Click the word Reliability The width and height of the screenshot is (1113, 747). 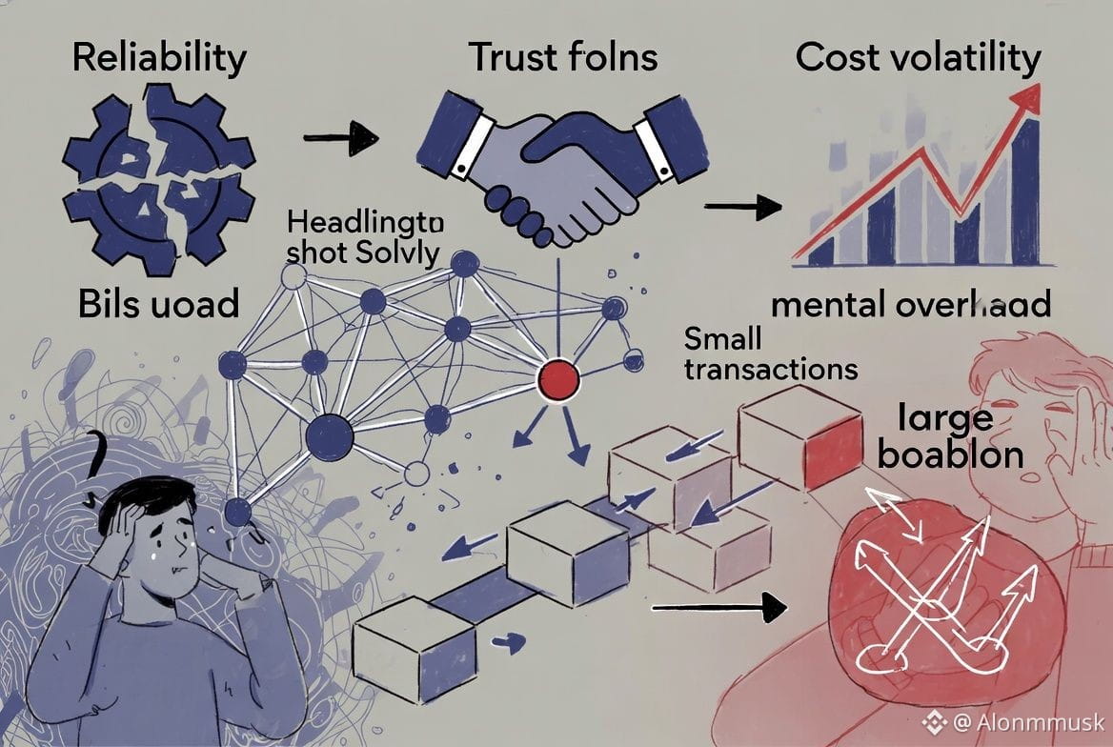[x=158, y=58]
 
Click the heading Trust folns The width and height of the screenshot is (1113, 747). [x=562, y=58]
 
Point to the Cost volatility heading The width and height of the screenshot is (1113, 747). [x=918, y=58]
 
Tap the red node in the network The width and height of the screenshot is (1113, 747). [x=558, y=380]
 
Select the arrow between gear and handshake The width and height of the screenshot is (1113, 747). [x=340, y=141]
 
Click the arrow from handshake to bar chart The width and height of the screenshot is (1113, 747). [x=741, y=207]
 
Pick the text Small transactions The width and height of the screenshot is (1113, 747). [x=758, y=353]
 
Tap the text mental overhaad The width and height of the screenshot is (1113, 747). [x=911, y=304]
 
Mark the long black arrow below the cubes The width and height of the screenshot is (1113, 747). [x=719, y=606]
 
